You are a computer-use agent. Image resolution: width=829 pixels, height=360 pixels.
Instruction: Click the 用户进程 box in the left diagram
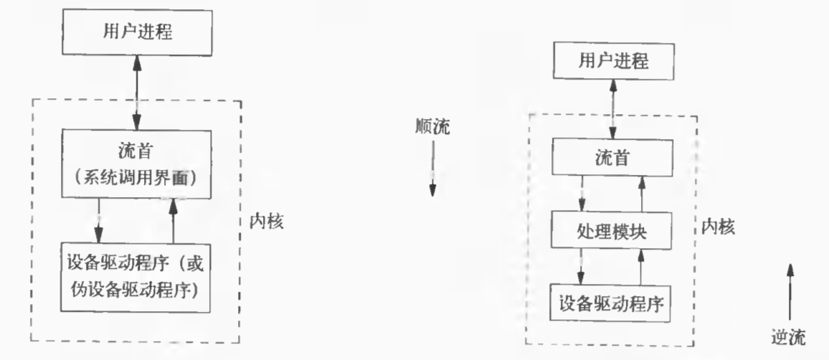pos(136,32)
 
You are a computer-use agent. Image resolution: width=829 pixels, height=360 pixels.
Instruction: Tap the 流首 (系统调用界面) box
pos(136,164)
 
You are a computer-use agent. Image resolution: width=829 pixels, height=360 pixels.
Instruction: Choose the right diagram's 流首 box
pos(612,158)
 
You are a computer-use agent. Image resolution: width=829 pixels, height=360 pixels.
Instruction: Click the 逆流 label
pos(789,335)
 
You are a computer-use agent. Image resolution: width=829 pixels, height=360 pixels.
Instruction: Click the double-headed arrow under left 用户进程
pos(136,91)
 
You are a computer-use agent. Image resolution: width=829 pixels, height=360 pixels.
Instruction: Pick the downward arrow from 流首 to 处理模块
pos(582,194)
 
